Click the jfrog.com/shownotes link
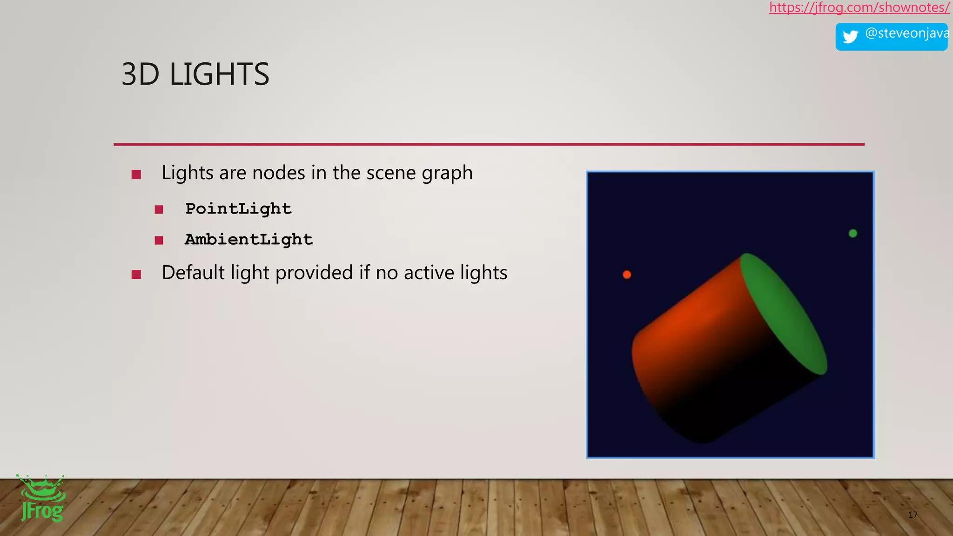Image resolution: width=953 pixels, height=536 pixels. (x=859, y=7)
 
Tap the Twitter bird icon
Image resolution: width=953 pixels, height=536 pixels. (x=850, y=37)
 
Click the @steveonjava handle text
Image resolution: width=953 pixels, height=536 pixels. (x=906, y=33)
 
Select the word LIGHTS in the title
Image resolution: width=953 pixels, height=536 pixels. (x=219, y=74)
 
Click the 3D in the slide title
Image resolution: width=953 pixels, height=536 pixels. (x=140, y=74)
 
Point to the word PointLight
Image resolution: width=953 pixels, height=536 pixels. (x=238, y=209)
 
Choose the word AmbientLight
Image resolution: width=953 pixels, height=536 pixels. (x=248, y=240)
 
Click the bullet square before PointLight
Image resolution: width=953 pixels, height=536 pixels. (x=159, y=210)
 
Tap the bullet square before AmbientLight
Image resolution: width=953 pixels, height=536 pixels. (x=159, y=241)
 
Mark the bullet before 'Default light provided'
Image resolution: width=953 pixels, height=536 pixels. (x=136, y=275)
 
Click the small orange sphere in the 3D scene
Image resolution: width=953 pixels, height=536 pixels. (x=627, y=275)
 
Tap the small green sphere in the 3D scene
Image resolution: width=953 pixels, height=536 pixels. (x=853, y=233)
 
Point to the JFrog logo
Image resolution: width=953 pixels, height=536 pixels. (x=41, y=499)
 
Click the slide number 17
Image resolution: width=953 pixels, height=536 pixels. (x=913, y=515)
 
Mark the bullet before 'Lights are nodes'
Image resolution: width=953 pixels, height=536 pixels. (x=136, y=174)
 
